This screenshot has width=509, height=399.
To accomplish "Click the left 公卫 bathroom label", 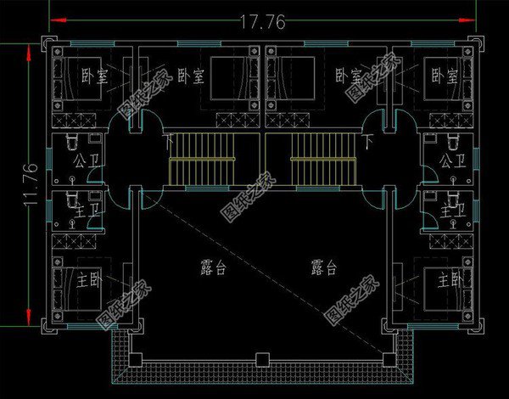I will click(x=86, y=160).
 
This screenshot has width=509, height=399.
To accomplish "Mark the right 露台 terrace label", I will click(x=324, y=268).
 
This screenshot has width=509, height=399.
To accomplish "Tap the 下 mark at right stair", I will click(x=366, y=137).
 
